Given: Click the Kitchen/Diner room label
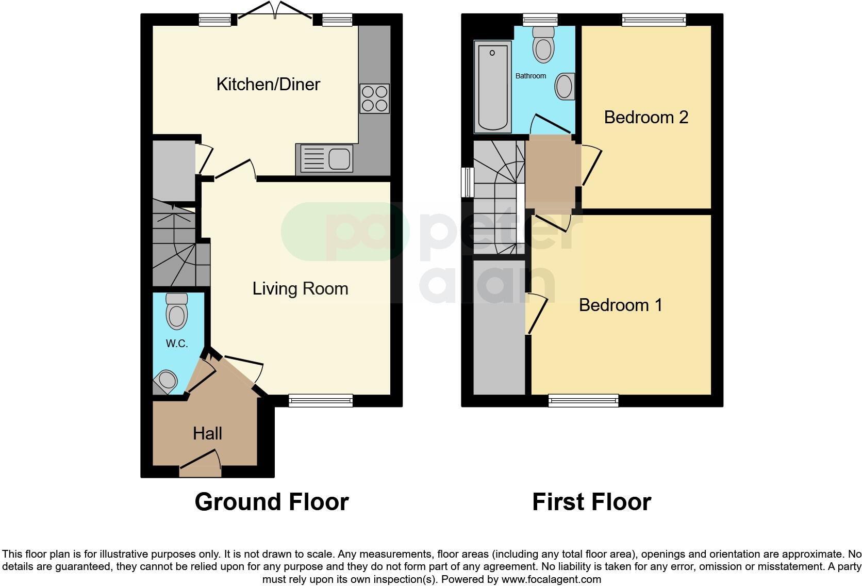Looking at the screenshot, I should point(268,84).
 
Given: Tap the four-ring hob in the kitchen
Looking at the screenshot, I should point(375,99).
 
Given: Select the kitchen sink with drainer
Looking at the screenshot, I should point(325,158).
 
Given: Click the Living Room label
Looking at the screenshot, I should point(300,288).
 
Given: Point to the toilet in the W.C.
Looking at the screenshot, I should point(177,311).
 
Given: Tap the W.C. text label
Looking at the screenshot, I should point(176,344).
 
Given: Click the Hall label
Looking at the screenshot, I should point(207,433).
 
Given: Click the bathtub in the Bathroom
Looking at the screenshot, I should point(493,87).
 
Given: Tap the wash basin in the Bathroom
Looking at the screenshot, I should point(565,86).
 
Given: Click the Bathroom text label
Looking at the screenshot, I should point(531,76).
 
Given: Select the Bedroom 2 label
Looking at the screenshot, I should point(646,117).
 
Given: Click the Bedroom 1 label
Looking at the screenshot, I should point(620,305).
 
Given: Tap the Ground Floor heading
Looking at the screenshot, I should point(272,501).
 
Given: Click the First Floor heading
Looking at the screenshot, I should point(591,501).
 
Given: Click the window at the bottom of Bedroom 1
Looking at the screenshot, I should point(583,400).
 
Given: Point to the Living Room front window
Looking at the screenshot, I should point(321,400).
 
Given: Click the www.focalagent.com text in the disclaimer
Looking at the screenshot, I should point(551,579).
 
